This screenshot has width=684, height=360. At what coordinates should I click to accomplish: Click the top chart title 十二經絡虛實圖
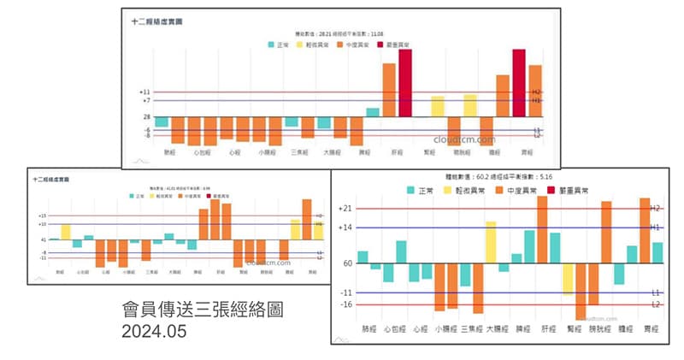(x=156, y=20)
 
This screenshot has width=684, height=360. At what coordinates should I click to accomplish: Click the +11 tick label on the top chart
(x=144, y=91)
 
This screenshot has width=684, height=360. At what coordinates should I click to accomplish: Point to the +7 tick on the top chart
(x=145, y=101)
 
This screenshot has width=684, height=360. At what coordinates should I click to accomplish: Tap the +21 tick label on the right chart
(x=345, y=208)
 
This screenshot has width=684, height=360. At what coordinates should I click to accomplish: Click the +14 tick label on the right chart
(x=345, y=227)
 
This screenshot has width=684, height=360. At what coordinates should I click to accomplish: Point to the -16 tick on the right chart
(x=346, y=304)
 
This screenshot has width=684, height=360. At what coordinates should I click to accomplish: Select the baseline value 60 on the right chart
(x=348, y=263)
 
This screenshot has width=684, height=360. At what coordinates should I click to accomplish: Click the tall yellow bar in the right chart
(x=491, y=242)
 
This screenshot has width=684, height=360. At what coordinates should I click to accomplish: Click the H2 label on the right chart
(x=656, y=208)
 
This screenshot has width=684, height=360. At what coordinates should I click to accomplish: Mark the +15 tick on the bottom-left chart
(x=42, y=215)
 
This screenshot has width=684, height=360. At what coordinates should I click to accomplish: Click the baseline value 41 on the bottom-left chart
(x=43, y=239)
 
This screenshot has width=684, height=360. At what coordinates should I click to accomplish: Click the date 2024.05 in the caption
(x=154, y=328)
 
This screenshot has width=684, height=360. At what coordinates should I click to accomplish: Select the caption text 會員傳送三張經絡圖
(x=202, y=309)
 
